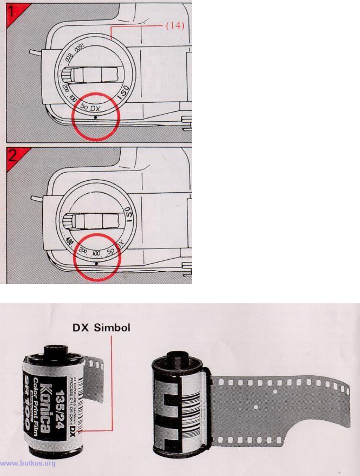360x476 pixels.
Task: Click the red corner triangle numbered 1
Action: click(14, 11)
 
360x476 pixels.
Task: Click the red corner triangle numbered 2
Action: click(14, 156)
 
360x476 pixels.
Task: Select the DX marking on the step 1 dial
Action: click(96, 109)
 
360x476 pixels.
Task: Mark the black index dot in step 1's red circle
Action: click(96, 118)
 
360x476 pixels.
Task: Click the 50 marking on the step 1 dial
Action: click(84, 107)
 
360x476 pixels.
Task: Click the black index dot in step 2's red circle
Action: click(97, 262)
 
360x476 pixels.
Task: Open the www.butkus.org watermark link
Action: click(28, 464)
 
